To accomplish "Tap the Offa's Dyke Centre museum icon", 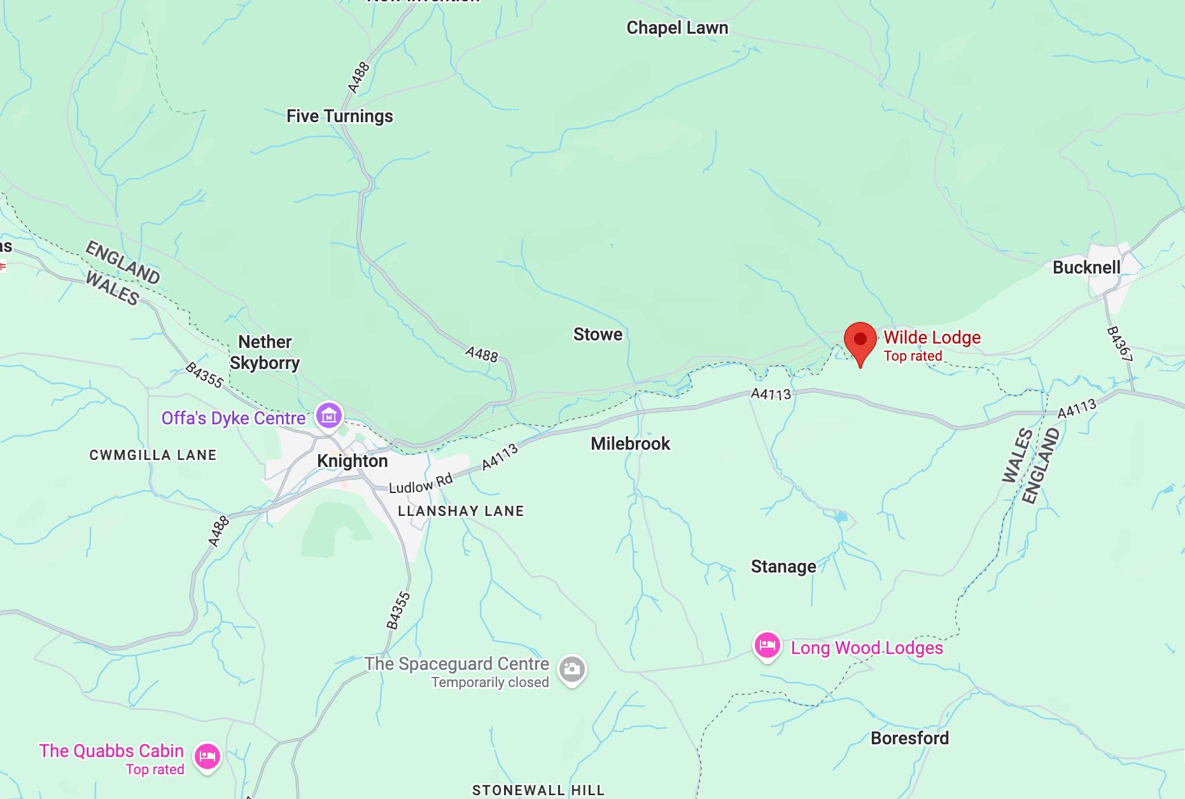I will click(x=329, y=417).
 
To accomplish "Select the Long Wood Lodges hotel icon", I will click(x=767, y=646).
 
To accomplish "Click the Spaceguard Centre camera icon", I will click(x=571, y=669).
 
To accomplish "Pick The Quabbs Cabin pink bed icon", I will click(x=207, y=757).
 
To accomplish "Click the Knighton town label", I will click(x=352, y=461).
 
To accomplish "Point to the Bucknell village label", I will click(x=1086, y=267).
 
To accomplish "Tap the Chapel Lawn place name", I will click(x=677, y=28).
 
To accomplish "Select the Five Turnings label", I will click(x=339, y=116).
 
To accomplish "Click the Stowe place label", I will click(x=598, y=334).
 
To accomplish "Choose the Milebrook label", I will click(x=630, y=443).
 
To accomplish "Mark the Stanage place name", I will click(x=783, y=566).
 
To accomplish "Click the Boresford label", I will click(x=909, y=738).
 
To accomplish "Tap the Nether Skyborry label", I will click(x=265, y=352).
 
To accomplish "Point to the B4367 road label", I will click(x=1119, y=345).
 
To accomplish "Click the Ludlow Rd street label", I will click(x=420, y=483).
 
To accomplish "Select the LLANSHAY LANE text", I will click(x=461, y=511).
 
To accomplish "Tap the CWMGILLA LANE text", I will click(x=153, y=455).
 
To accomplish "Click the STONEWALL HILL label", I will click(x=538, y=790).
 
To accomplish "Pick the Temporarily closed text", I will click(x=489, y=682).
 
